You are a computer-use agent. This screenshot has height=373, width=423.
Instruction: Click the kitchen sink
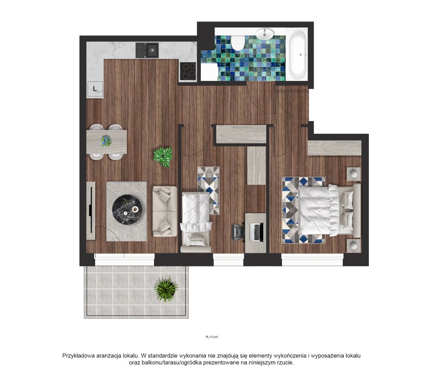tap(147, 50)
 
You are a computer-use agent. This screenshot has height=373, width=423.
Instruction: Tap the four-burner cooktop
tap(188, 71)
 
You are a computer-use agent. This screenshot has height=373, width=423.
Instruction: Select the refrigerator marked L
tap(95, 89)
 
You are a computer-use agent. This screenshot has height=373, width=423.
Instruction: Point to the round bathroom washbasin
tap(265, 34)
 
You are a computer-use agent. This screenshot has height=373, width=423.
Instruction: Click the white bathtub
tap(296, 55)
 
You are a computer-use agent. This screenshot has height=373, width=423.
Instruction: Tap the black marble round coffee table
tap(127, 209)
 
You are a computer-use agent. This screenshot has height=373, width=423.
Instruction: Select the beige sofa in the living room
tap(165, 211)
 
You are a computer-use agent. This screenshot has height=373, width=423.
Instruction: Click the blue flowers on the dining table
tap(106, 140)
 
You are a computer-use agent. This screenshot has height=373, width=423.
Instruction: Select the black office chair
tap(239, 232)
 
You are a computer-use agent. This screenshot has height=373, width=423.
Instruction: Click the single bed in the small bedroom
tap(196, 222)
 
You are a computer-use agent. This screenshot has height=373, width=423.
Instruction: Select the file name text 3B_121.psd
tap(211, 337)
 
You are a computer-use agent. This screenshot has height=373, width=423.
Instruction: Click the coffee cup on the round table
tap(135, 209)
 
